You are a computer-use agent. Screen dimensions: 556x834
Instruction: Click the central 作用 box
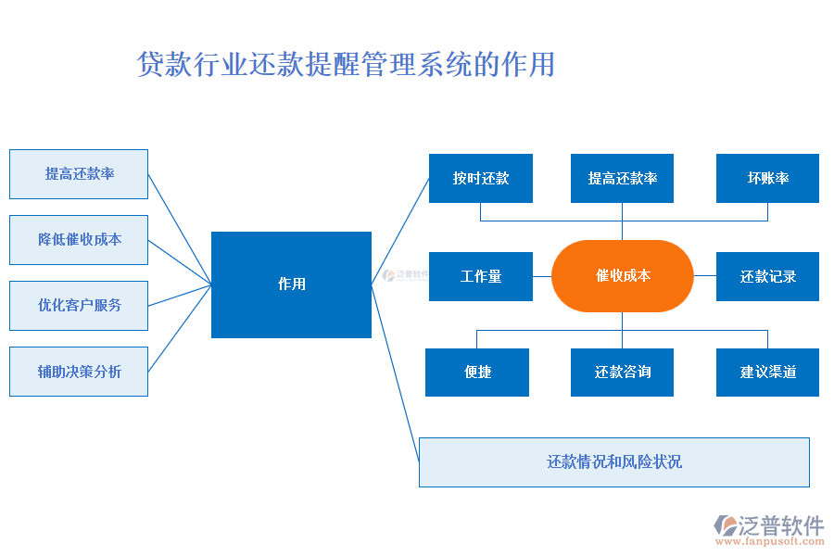click(291, 284)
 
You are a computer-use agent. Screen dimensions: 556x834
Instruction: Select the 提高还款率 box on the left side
click(79, 174)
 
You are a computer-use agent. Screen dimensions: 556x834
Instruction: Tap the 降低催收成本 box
click(79, 240)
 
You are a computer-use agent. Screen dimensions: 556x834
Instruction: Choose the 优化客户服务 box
click(79, 306)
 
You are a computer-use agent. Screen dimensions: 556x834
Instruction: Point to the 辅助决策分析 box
click(79, 372)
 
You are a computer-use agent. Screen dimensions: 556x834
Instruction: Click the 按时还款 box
click(480, 178)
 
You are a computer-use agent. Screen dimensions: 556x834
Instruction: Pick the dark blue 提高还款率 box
click(622, 178)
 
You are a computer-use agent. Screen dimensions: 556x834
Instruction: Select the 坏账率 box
click(767, 178)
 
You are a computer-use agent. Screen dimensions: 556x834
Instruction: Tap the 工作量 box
click(480, 276)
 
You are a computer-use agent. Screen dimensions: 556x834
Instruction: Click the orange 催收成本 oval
click(622, 276)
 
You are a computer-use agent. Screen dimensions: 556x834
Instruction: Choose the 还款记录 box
click(767, 276)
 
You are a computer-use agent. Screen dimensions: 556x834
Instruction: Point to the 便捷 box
click(477, 373)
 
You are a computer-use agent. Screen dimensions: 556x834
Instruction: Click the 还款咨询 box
click(622, 373)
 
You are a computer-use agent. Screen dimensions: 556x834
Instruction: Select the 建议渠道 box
click(767, 373)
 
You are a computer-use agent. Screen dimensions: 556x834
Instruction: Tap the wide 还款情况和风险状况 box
click(613, 461)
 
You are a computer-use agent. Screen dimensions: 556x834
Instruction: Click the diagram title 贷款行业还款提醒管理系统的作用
click(346, 65)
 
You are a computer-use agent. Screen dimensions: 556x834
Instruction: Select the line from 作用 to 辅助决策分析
click(180, 328)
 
